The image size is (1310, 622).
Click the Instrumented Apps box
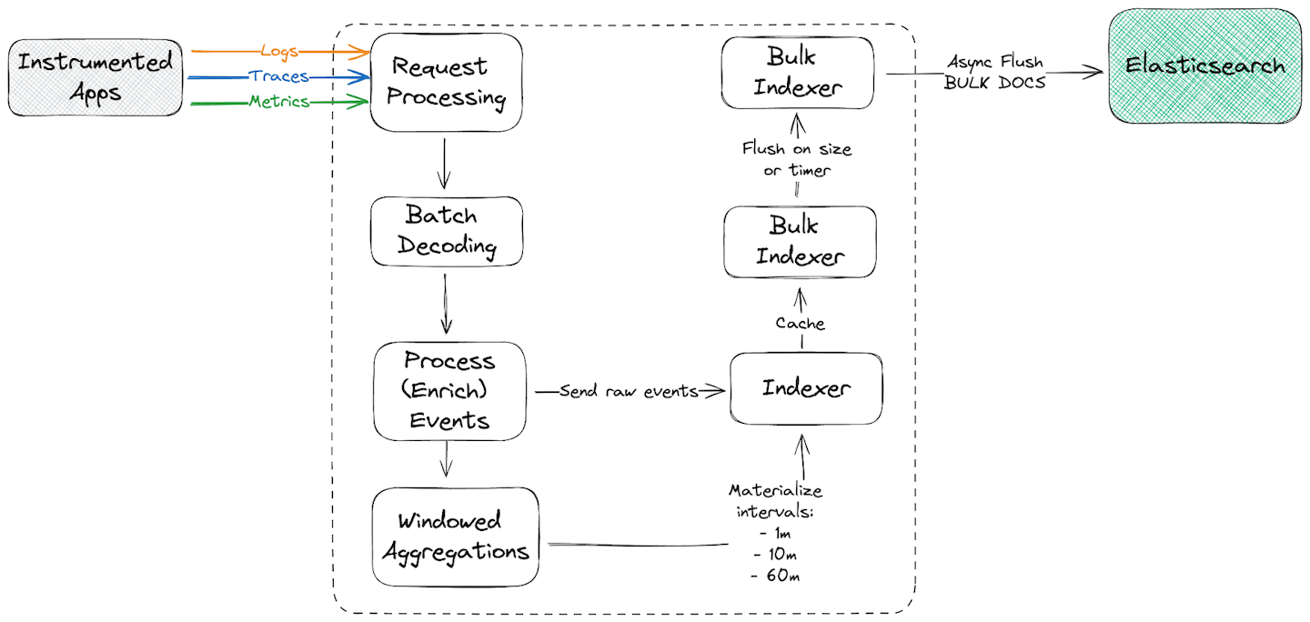point(96,77)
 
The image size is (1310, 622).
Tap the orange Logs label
point(279,51)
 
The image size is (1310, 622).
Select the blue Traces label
point(279,76)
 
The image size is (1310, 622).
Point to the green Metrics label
point(279,102)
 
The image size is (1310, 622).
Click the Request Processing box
point(447,82)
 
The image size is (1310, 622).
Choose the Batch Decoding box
point(447,232)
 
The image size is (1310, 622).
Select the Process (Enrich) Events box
point(449,391)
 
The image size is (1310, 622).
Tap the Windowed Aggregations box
point(455,537)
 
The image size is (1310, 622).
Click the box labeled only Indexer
point(806,388)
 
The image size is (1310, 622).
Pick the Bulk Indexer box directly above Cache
point(801,241)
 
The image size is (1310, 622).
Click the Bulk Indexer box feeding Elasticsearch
point(798,73)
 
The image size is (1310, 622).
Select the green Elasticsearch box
point(1205,65)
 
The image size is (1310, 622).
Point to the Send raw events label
point(629,391)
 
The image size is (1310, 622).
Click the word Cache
point(800,323)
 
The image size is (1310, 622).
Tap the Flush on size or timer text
point(797,159)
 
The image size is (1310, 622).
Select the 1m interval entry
point(769,534)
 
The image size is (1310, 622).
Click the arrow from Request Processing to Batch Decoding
point(444,164)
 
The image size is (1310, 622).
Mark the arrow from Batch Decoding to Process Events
point(446,304)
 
